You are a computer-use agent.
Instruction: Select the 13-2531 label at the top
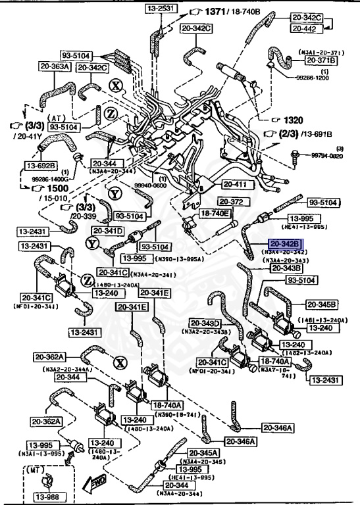tap(159, 9)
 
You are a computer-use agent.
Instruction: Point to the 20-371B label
tap(321, 60)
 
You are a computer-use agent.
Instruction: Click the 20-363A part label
tap(54, 66)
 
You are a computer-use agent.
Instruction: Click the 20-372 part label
tap(232, 201)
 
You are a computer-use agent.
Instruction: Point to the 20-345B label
tap(321, 304)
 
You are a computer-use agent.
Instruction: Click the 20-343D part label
tap(205, 323)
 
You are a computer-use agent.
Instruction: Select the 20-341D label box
tap(107, 231)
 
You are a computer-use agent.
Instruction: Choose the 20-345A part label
tap(203, 452)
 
